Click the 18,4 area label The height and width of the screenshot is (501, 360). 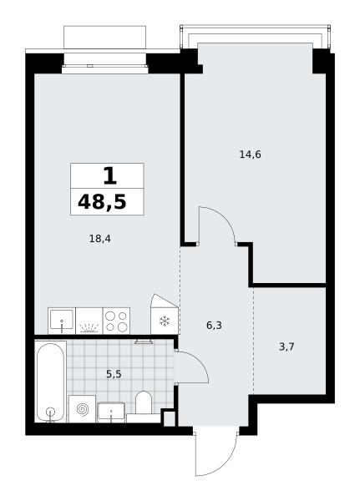click(100, 239)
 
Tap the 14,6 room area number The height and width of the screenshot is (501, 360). click(250, 154)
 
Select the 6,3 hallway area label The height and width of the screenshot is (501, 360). click(214, 326)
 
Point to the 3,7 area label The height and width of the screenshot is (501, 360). click(286, 347)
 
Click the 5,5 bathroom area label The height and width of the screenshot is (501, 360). click(114, 374)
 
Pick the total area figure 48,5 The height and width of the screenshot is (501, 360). click(102, 202)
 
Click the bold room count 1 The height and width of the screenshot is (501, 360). click(109, 176)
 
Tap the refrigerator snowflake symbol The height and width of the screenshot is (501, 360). click(165, 321)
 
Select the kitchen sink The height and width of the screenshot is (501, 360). click(61, 321)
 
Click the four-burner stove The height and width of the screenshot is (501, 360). click(116, 321)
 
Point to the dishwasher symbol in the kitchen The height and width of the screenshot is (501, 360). click(89, 321)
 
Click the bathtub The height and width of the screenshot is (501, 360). click(50, 382)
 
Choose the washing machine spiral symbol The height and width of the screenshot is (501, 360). click(82, 409)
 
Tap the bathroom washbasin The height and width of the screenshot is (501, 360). click(111, 412)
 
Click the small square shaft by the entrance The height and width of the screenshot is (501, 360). click(170, 418)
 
